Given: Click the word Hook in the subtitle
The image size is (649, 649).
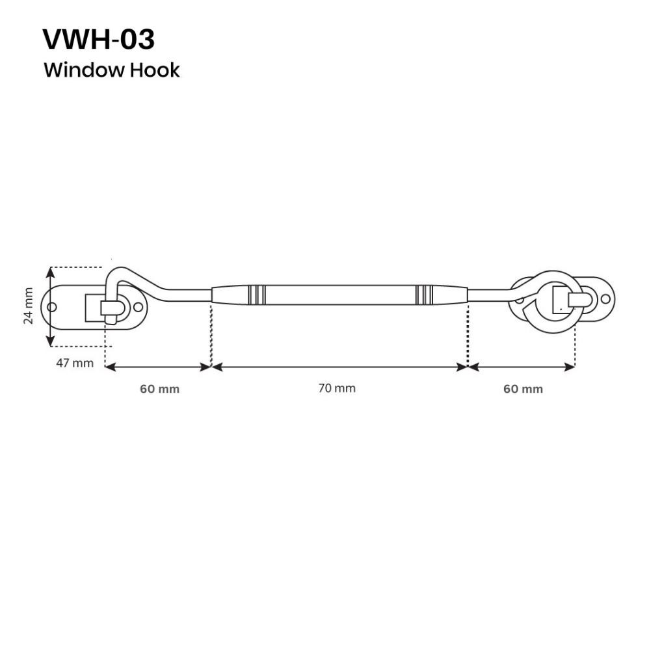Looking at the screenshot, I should pos(155,70).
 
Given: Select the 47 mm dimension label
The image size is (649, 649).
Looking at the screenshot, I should pos(74,363).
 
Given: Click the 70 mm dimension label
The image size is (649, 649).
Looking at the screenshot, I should pos(337,388).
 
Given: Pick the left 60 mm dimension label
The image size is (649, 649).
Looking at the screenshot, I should pos(159,389).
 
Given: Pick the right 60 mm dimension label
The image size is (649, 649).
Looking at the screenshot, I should pos(523,389).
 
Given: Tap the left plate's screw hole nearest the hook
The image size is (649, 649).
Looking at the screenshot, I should pos(138,306).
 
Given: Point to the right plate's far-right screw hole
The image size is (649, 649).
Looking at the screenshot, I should pos(605,298).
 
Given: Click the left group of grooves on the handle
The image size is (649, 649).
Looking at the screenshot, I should pos(256,295).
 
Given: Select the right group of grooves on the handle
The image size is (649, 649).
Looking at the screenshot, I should pos(425,295).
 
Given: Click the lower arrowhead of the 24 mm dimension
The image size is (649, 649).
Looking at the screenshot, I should pos(51,340).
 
